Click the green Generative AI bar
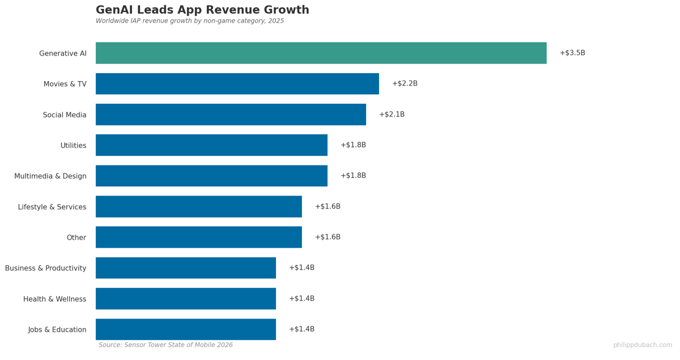click(321, 53)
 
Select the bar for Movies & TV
click(237, 84)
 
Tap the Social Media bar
click(231, 115)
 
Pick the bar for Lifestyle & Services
click(198, 206)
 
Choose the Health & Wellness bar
click(185, 299)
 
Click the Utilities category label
click(73, 146)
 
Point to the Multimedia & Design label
click(50, 176)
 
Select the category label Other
click(76, 238)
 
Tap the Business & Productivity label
click(46, 268)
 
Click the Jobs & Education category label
click(57, 329)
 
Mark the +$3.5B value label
click(572, 53)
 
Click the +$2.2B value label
click(405, 84)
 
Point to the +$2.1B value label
click(392, 115)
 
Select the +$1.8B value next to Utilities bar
click(353, 145)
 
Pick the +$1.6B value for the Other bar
click(328, 237)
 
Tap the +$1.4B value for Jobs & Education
click(301, 329)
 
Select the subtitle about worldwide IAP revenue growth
click(190, 21)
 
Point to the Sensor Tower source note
click(165, 345)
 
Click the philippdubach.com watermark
click(643, 345)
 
